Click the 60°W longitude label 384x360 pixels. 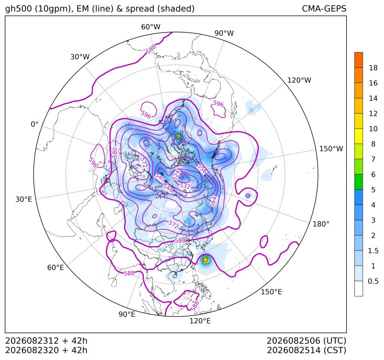tap(150, 27)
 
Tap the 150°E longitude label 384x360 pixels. tap(271, 292)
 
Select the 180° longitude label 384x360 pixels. tap(321, 224)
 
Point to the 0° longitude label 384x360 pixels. tap(34, 124)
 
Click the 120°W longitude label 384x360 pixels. tap(299, 80)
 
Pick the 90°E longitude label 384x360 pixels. tap(127, 314)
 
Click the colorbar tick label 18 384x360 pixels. tap(373, 68)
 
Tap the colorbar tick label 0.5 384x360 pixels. tap(373, 281)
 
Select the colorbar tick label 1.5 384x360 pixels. tap(373, 251)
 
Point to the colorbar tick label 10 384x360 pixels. tap(373, 129)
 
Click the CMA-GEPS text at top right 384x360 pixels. tap(324, 8)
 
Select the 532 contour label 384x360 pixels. tap(185, 186)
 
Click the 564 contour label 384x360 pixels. tap(213, 202)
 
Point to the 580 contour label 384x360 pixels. tap(115, 153)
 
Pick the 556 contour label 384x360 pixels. tap(202, 168)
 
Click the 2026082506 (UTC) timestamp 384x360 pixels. tap(306, 341)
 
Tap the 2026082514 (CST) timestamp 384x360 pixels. tap(306, 350)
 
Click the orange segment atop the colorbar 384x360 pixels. tap(358, 60)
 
